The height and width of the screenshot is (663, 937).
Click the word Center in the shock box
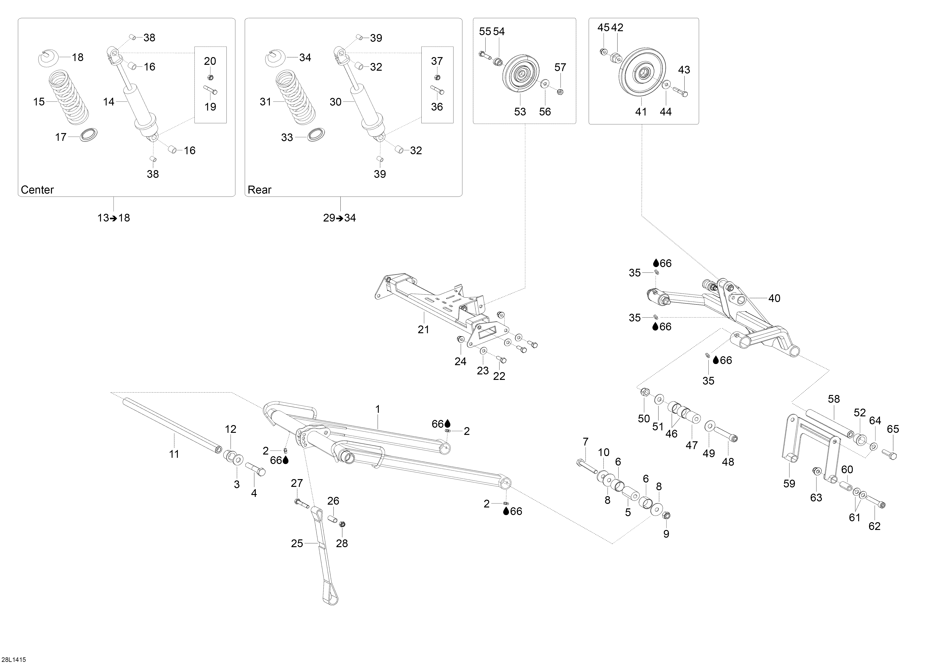[x=37, y=190]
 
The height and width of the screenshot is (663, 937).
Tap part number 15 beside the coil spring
[x=39, y=102]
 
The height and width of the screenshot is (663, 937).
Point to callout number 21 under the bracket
[x=423, y=329]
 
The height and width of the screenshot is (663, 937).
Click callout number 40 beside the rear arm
[x=774, y=298]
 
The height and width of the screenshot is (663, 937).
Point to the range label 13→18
[x=114, y=218]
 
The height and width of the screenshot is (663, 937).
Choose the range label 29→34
[x=340, y=218]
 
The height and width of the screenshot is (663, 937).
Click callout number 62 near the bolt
[x=874, y=526]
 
